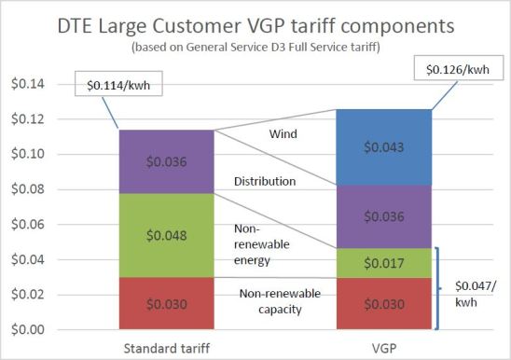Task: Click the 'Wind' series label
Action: point(281,134)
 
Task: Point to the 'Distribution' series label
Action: point(277,182)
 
